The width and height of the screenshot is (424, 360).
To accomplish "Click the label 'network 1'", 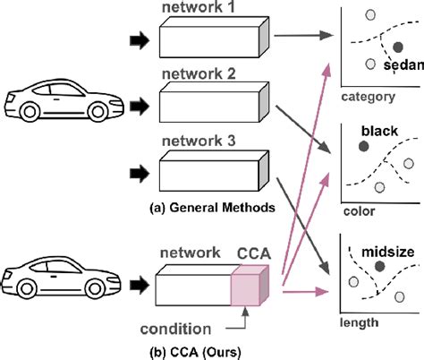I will coord(198,8).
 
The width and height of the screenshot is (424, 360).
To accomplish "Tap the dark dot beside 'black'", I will coord(364,145).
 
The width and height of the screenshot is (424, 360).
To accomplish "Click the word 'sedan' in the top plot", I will coord(402,65).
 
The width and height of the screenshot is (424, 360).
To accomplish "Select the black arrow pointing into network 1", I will coord(142,40).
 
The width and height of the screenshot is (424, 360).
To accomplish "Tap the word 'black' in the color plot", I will coord(379,131).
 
